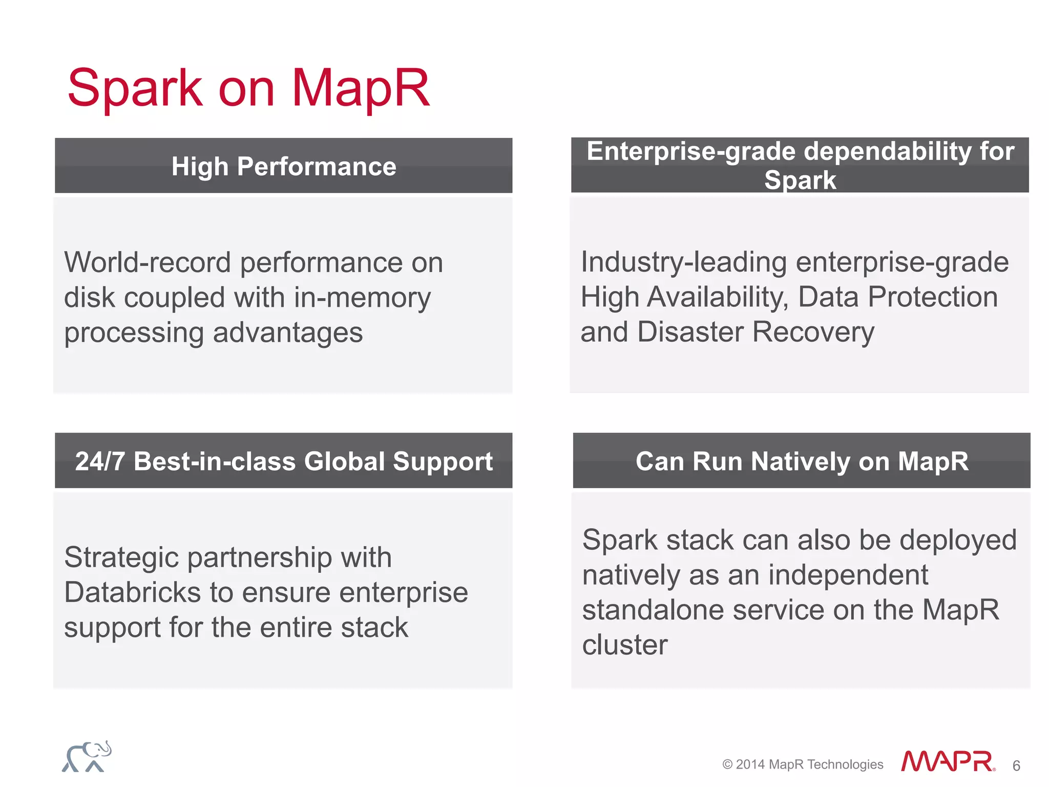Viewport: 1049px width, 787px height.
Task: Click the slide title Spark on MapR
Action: [x=248, y=88]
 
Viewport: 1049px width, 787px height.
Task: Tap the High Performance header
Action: [x=284, y=167]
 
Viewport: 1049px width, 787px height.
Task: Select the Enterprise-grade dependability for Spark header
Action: [x=800, y=165]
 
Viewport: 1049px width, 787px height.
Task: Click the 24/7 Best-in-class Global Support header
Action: [x=284, y=461]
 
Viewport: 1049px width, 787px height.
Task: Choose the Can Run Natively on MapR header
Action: [x=802, y=461]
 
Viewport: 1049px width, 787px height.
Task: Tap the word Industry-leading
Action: [x=683, y=262]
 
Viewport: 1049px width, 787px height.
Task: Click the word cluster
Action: [x=625, y=645]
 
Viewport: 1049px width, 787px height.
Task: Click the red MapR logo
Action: [x=948, y=761]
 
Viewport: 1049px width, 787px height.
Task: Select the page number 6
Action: [x=1016, y=766]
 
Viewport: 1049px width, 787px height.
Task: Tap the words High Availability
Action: [x=684, y=297]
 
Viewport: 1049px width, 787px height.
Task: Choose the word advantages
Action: [x=287, y=333]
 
